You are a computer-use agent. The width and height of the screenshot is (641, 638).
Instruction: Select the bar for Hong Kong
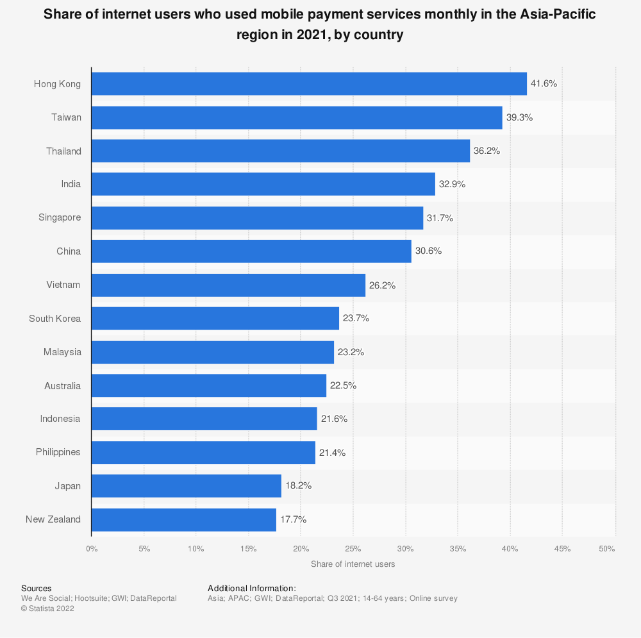309,84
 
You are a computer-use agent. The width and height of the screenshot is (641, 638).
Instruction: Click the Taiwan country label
66,117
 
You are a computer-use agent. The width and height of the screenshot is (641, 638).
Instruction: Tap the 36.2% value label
487,151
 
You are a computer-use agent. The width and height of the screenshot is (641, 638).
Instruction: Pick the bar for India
263,184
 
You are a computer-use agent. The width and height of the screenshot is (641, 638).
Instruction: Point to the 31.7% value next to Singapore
440,218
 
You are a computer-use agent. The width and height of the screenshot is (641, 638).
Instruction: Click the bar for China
251,251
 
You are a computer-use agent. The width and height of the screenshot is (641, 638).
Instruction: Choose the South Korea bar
215,318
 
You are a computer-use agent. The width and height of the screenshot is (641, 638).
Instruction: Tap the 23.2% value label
351,352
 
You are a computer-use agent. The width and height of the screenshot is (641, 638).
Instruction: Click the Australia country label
63,385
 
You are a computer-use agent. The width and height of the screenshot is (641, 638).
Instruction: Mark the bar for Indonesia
204,419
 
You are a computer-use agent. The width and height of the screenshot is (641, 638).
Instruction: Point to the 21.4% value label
333,453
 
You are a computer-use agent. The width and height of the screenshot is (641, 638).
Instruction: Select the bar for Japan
187,486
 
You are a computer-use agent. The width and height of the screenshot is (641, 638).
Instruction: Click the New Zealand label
53,519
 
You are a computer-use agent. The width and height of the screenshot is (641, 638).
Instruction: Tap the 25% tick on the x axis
353,548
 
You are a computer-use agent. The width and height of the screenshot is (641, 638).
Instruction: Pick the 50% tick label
607,548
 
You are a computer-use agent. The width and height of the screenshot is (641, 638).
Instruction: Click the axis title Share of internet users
353,564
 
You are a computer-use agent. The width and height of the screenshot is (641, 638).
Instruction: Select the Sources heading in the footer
37,588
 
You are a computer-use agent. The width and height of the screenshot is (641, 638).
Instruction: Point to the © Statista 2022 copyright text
47,609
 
